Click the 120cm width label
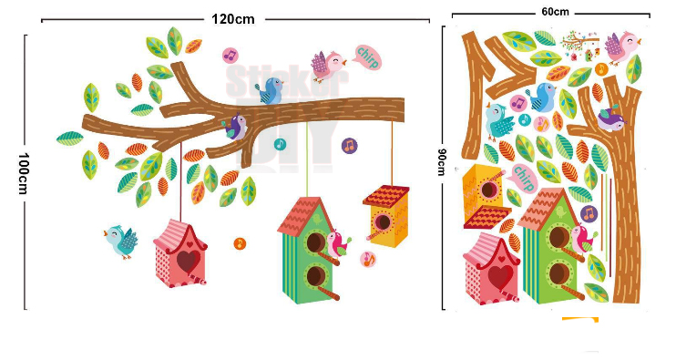pos(233,18)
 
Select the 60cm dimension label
pos(554,12)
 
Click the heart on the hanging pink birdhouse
pos(188,261)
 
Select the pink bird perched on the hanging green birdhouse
pos(339,243)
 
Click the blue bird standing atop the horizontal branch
pos(271,89)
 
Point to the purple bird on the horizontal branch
pos(236,125)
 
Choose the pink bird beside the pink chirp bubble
pos(329,63)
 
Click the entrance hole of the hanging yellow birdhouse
pos(384,224)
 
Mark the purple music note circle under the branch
pos(348,145)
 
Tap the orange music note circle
pos(240,242)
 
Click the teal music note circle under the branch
pos(280,144)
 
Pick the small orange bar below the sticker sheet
pos(579,319)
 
